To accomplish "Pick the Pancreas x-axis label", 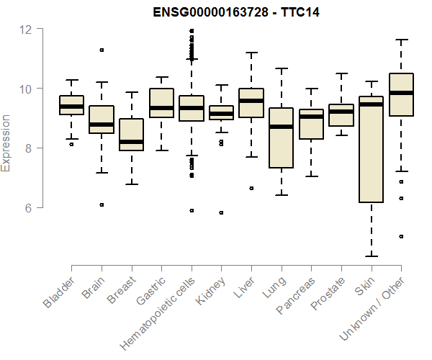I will [295, 296].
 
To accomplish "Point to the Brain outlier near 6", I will [102, 204].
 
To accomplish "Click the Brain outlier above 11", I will [102, 50].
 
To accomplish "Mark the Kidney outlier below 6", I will [221, 212].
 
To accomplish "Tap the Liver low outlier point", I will [251, 188].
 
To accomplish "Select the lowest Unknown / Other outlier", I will [401, 236].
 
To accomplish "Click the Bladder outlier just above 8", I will [71, 145].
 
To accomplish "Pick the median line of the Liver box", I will [251, 101].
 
